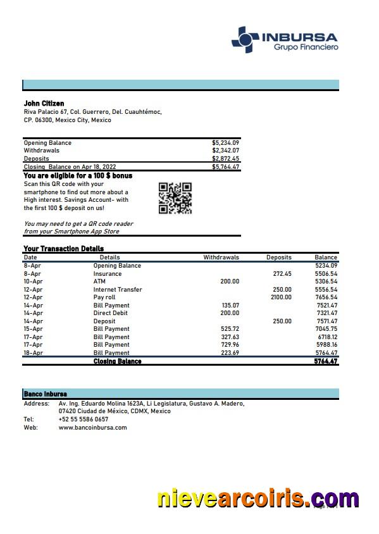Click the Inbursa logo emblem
[x=245, y=39]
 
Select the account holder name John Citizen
[x=44, y=103]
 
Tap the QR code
[x=175, y=198]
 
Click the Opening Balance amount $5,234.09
[x=225, y=143]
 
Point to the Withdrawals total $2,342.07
[x=225, y=151]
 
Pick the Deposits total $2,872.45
[x=225, y=159]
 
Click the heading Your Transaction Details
[x=63, y=249]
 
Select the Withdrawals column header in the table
[x=221, y=258]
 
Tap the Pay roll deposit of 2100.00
[x=281, y=297]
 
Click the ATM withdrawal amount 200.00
[x=230, y=282]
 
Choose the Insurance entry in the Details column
[x=108, y=274]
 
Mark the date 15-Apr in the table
[x=33, y=329]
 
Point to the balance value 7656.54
[x=326, y=297]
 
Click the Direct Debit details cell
[x=110, y=313]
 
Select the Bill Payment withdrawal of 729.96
[x=230, y=345]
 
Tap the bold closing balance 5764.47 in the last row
[x=325, y=361]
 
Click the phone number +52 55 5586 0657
[x=83, y=419]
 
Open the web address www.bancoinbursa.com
[x=92, y=427]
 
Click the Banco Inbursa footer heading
[x=45, y=394]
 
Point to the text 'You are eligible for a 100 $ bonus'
[x=78, y=175]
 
